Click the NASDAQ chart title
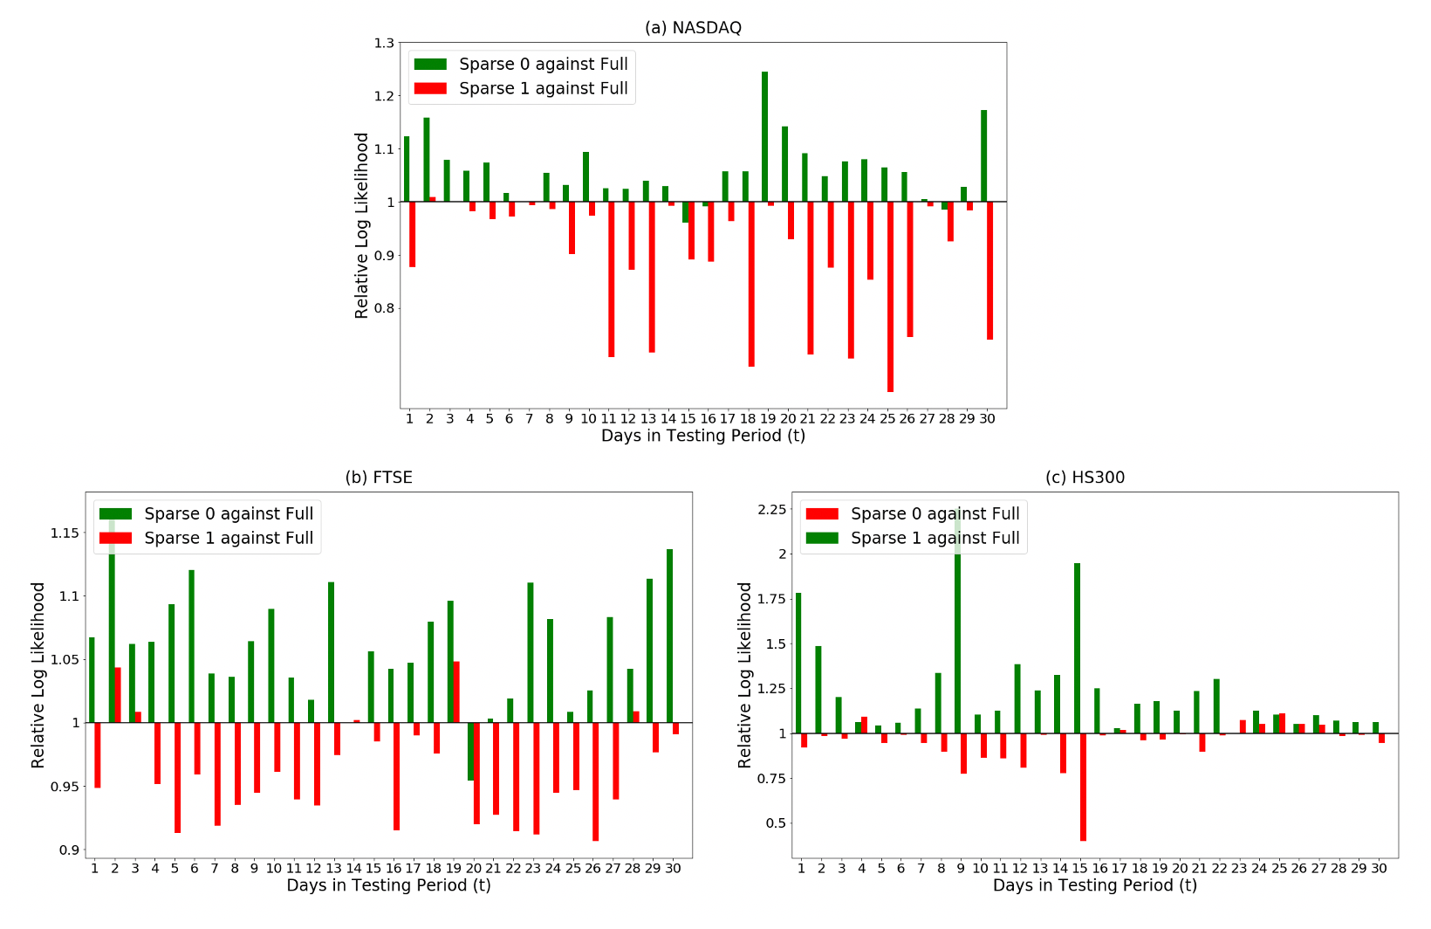[693, 28]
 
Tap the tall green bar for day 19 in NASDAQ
[765, 137]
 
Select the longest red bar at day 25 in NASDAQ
[890, 297]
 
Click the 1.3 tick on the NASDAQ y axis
[384, 43]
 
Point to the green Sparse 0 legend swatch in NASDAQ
[430, 65]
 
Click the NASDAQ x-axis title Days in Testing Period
[702, 436]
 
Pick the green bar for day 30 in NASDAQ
[983, 156]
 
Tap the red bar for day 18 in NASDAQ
[751, 284]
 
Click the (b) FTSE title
[379, 478]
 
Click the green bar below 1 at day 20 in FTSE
[471, 752]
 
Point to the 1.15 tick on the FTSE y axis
[66, 533]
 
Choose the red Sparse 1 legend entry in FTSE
[208, 539]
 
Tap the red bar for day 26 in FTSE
[595, 781]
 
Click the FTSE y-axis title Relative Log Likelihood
[38, 675]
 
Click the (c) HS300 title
[1085, 478]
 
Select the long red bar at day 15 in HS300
[1083, 787]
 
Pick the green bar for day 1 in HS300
[798, 664]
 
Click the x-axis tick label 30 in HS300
[1379, 869]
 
